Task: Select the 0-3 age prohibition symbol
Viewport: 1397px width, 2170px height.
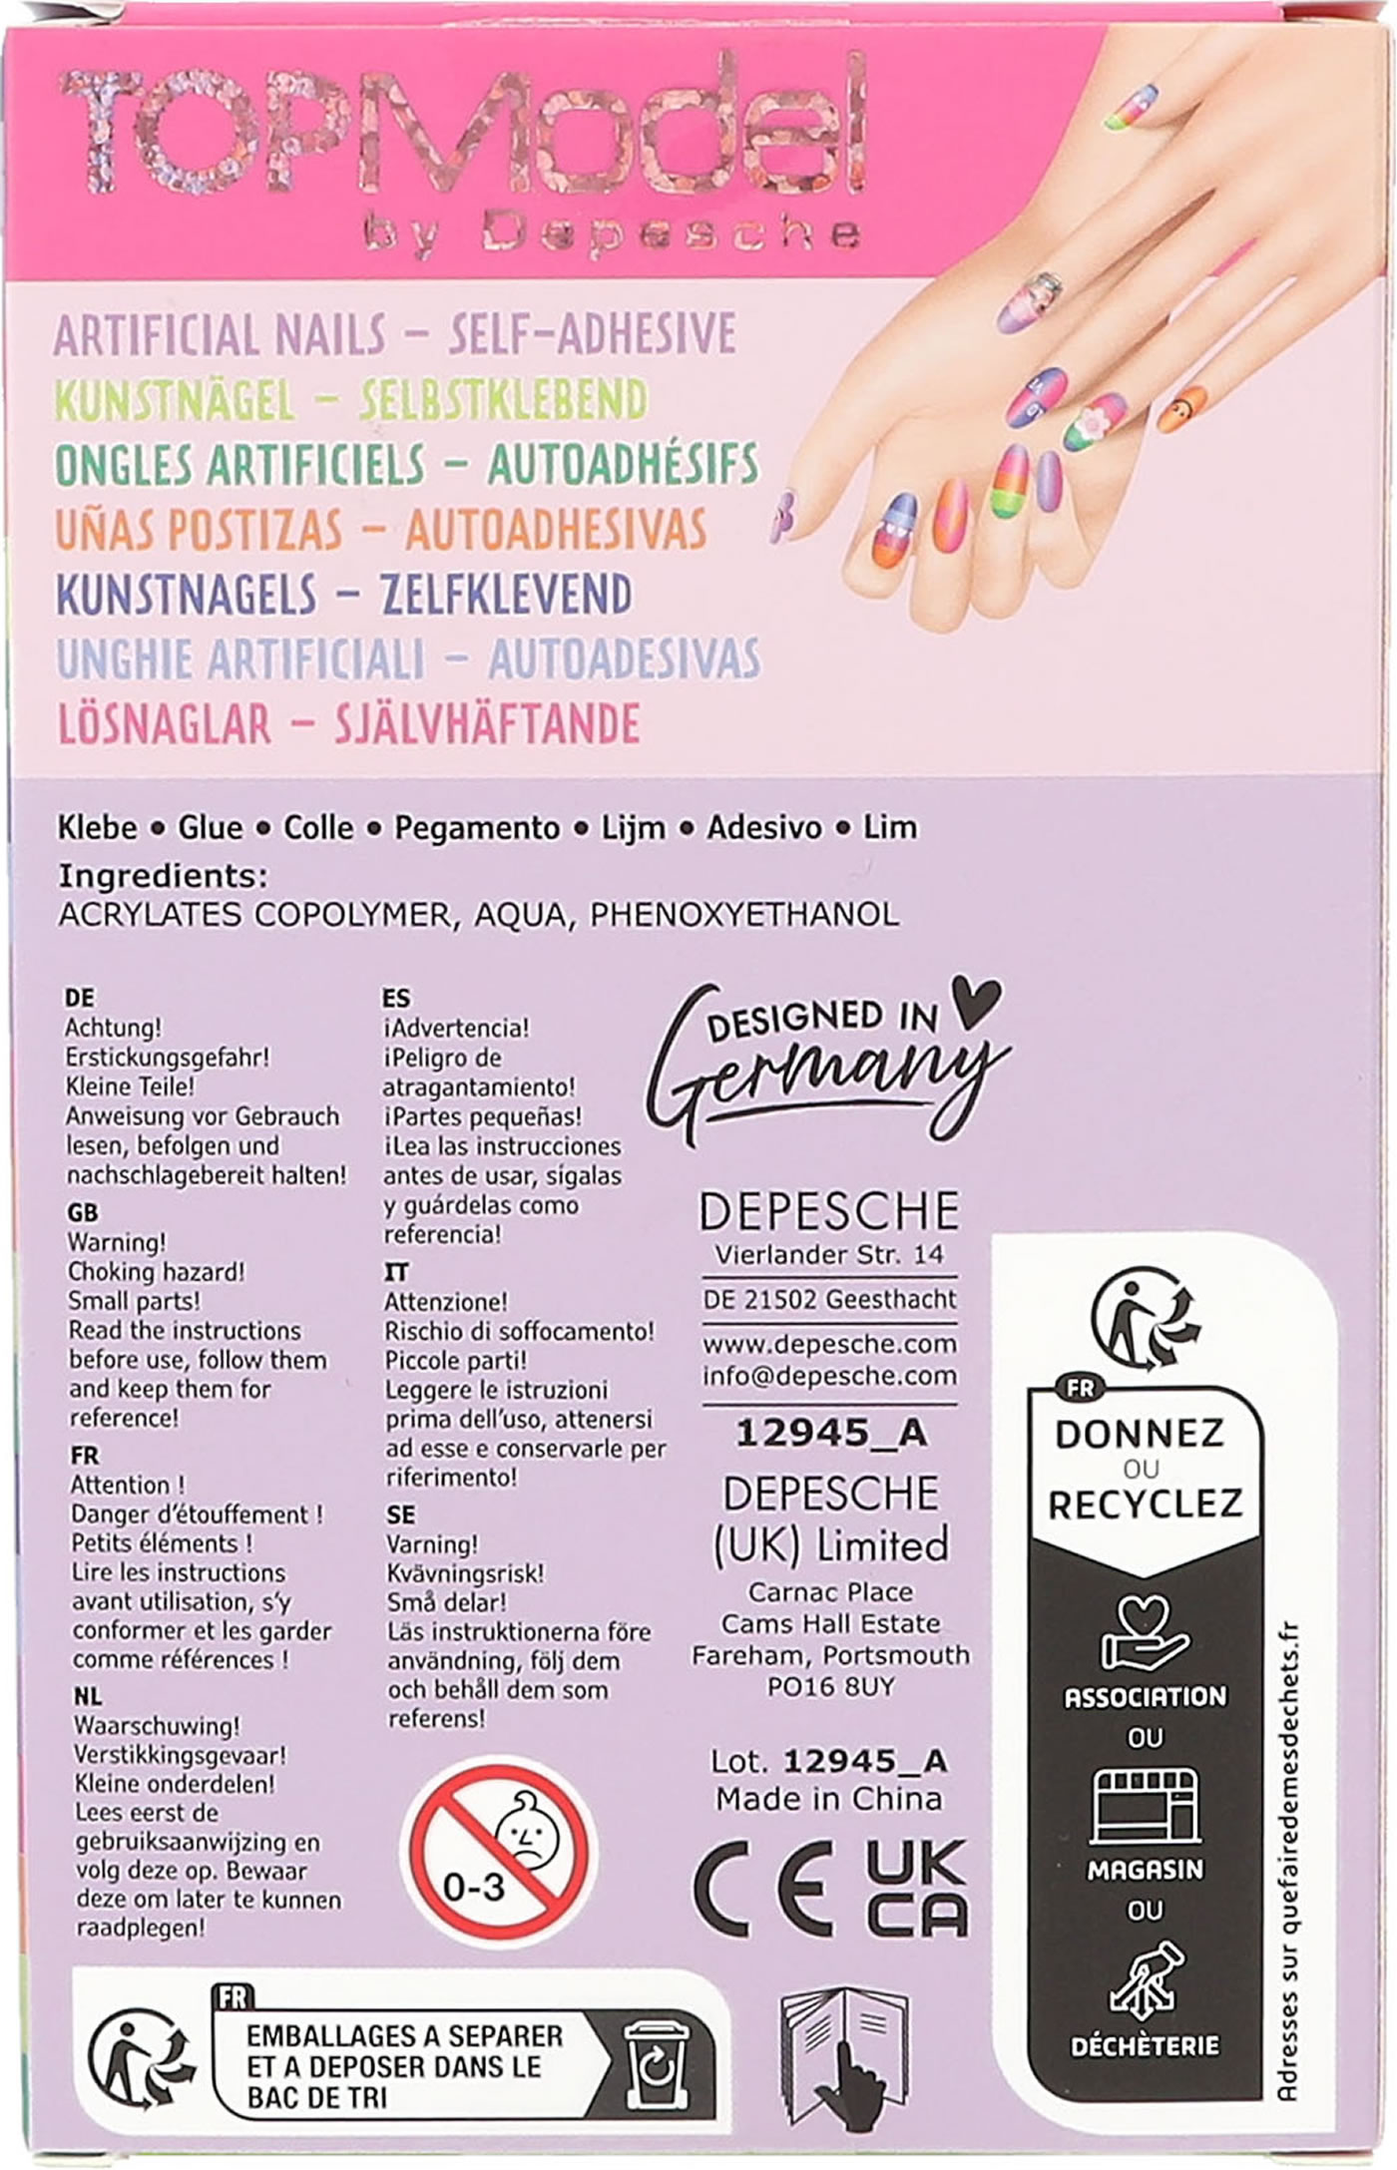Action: pos(504,1852)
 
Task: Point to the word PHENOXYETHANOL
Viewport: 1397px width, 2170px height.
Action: pos(744,914)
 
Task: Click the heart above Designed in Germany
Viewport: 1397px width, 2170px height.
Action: pos(975,1001)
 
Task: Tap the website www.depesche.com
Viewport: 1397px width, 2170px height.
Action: pos(829,1344)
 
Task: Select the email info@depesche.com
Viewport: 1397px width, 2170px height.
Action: pos(829,1376)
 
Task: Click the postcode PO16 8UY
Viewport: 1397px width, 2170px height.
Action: pos(830,1686)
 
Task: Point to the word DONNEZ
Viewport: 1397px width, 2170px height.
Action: pos(1140,1434)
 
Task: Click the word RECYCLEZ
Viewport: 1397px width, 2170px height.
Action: pos(1146,1504)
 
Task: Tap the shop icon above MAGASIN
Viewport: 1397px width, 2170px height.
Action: pos(1145,1807)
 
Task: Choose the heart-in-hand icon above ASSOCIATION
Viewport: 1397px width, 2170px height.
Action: pos(1144,1634)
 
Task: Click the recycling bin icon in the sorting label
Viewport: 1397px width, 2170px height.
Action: pos(655,2066)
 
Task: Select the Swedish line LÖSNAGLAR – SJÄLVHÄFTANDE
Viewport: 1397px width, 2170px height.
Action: pos(348,723)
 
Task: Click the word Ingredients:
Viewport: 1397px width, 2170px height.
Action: pos(163,876)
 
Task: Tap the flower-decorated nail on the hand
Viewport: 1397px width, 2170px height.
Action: pos(1095,421)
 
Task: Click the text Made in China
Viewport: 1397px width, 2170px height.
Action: pos(829,1799)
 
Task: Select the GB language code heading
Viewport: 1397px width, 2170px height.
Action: pos(83,1212)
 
